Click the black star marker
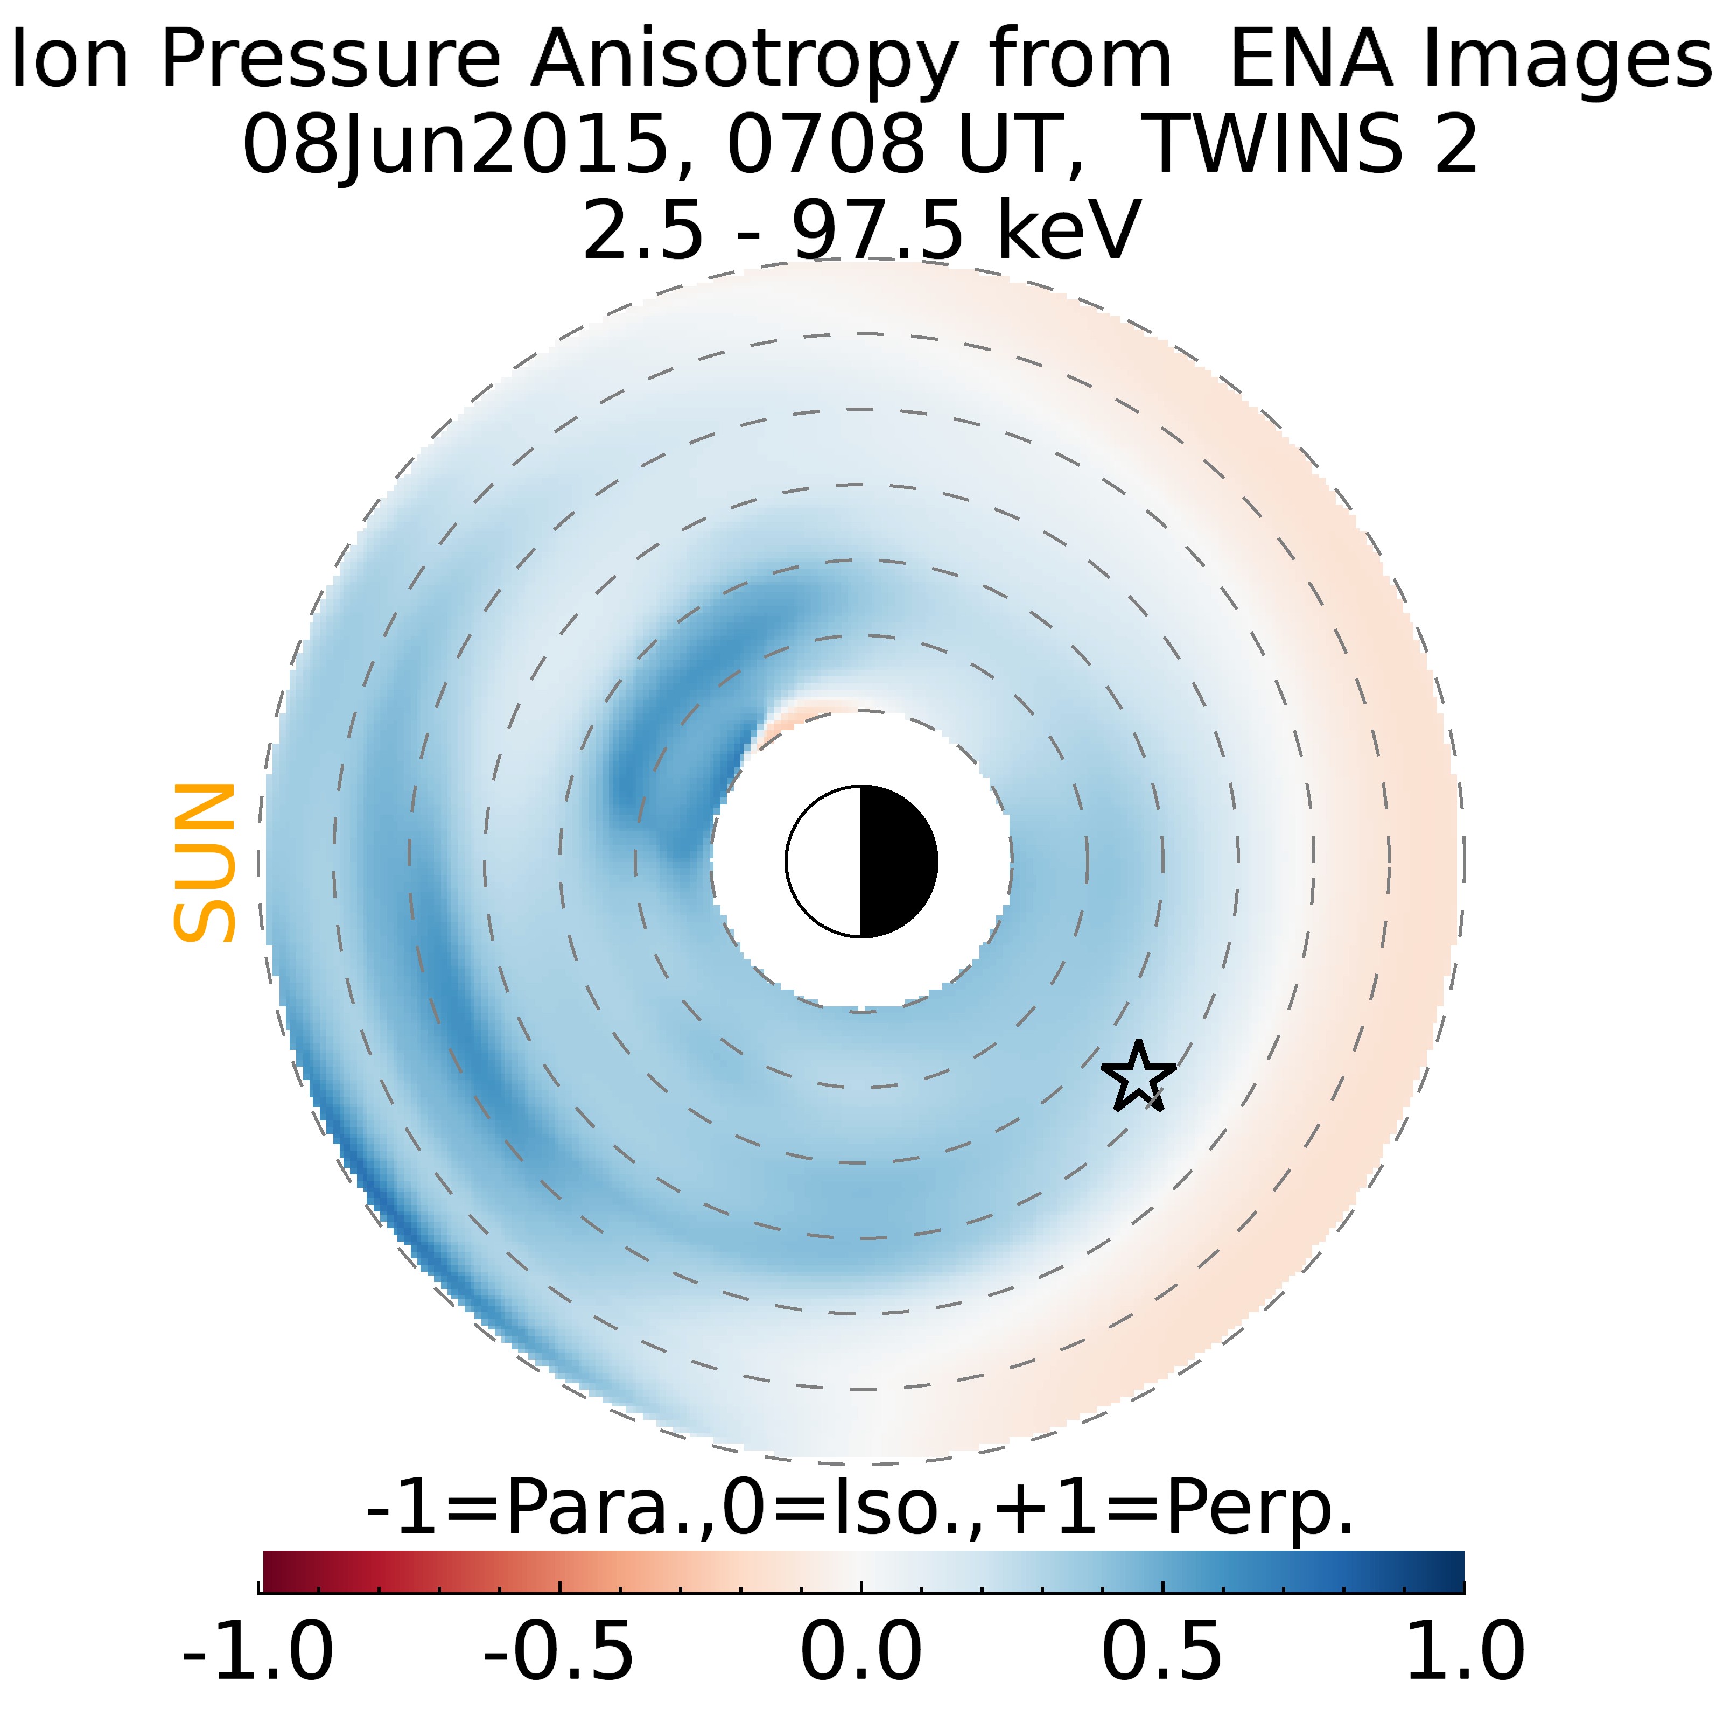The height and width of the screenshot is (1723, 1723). pyautogui.click(x=1138, y=1077)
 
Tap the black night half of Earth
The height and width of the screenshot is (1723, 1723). pyautogui.click(x=897, y=861)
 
